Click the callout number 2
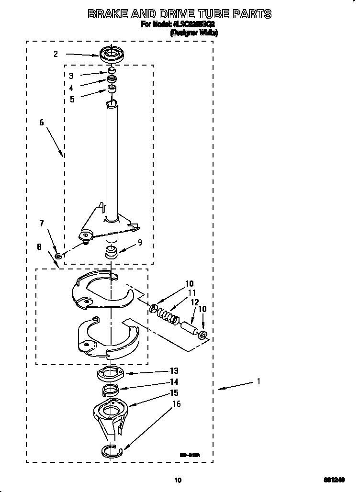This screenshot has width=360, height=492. pyautogui.click(x=56, y=54)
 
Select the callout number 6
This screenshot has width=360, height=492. pyautogui.click(x=42, y=123)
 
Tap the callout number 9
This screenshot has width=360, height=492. pyautogui.click(x=140, y=242)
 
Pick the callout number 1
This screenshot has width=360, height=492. pyautogui.click(x=259, y=381)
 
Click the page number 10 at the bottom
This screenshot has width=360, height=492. pyautogui.click(x=178, y=480)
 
